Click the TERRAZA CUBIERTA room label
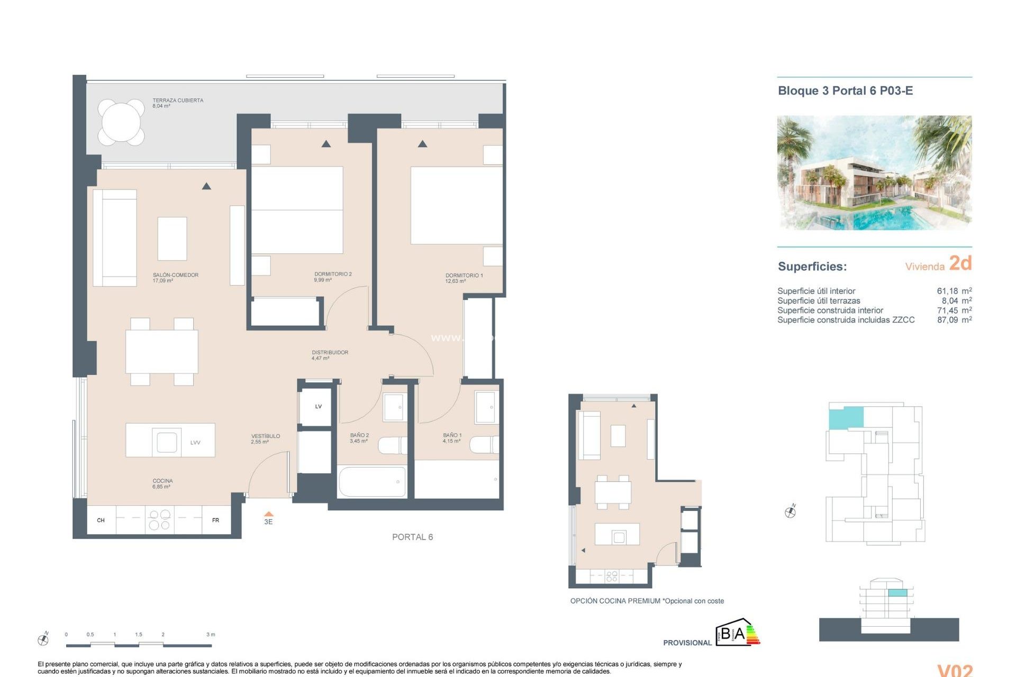177,103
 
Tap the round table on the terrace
121,122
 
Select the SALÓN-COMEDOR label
175,277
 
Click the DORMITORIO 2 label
332,276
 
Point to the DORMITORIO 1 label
464,278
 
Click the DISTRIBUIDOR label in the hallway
330,355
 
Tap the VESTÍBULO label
265,438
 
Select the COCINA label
162,483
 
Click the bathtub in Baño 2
371,481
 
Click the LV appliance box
318,406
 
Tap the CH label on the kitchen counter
101,520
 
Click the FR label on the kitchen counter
215,520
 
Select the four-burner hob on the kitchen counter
159,519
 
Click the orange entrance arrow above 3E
268,514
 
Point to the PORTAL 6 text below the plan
412,537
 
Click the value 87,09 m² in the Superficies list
954,320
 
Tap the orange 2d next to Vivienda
960,263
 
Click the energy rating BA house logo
737,633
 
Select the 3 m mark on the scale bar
211,635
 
